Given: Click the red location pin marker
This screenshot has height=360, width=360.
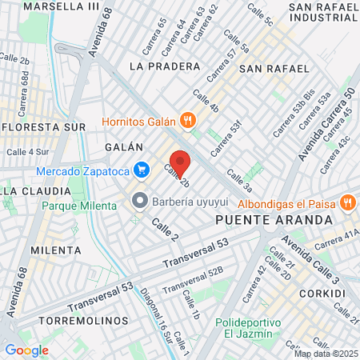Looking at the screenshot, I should [x=180, y=162].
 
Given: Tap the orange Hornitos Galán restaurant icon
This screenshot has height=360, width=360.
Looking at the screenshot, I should [x=188, y=121].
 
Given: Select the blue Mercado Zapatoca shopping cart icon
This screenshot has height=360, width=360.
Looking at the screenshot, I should [x=142, y=170].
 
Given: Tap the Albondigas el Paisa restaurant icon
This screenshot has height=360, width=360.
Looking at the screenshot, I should [x=348, y=202].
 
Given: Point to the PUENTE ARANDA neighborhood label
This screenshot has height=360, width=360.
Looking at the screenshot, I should [x=274, y=218].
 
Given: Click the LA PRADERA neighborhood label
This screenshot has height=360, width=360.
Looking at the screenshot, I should [x=164, y=65].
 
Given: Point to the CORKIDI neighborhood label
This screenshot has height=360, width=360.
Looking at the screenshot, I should [x=325, y=294].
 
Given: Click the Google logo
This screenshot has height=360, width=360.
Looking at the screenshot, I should [x=26, y=350].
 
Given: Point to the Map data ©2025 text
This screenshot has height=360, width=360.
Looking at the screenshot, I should [x=325, y=354].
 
